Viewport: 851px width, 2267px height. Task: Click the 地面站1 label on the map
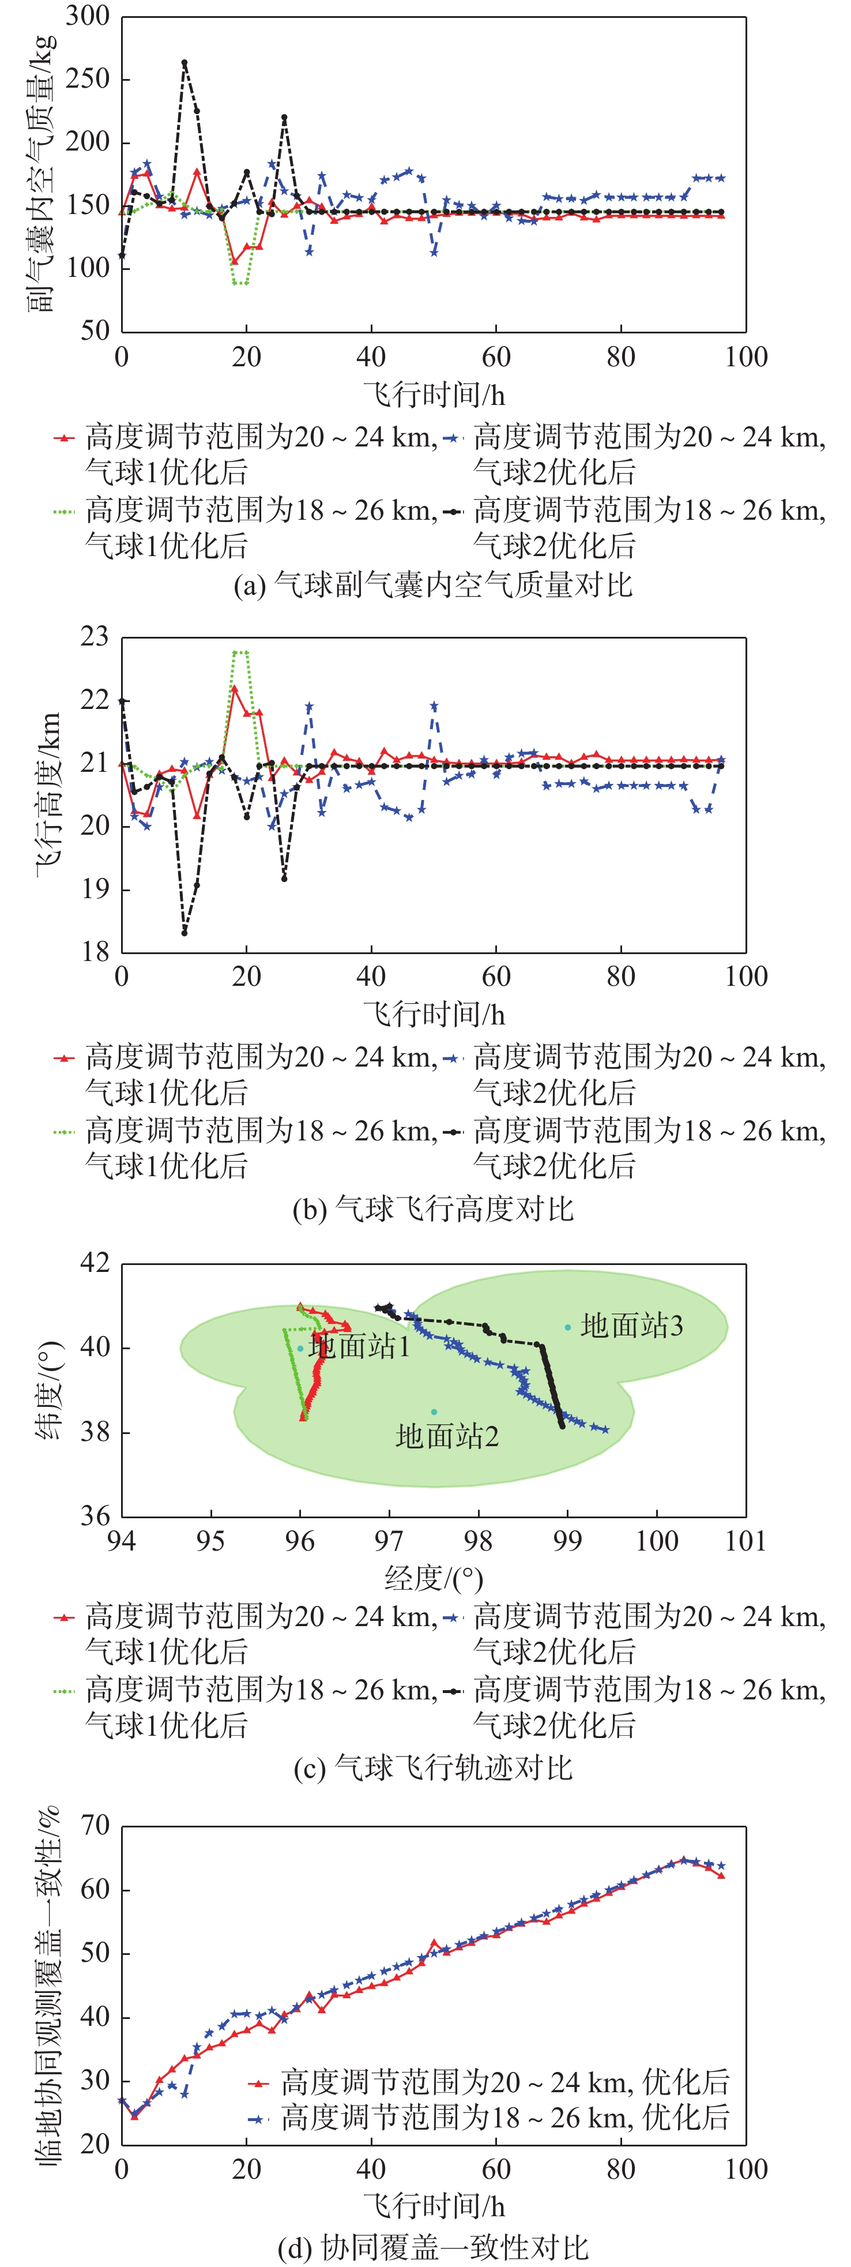click(359, 1346)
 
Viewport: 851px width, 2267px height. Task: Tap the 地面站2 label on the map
click(447, 1436)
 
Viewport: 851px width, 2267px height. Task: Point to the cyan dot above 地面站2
click(434, 1412)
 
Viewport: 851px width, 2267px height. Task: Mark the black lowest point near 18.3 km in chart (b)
click(184, 932)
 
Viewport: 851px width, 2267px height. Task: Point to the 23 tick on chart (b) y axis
click(94, 636)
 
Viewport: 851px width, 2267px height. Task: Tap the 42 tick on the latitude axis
click(94, 1263)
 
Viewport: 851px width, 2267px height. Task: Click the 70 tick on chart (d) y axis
click(94, 1826)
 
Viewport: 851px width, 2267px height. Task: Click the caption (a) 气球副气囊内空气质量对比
click(433, 584)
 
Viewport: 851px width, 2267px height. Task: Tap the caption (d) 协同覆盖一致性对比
click(433, 2247)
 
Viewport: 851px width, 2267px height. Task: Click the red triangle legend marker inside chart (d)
click(258, 2083)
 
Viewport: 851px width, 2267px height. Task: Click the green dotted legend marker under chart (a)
click(64, 511)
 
